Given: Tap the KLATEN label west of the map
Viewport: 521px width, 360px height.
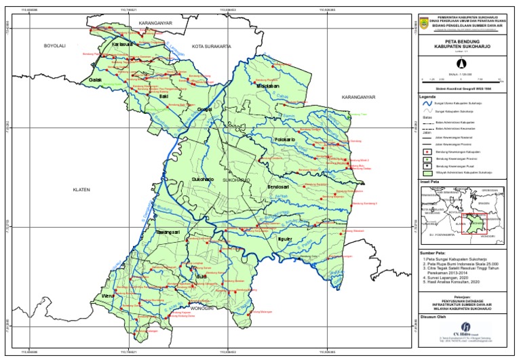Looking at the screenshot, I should pyautogui.click(x=82, y=191).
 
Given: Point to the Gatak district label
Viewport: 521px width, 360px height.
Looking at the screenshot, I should pyautogui.click(x=96, y=79).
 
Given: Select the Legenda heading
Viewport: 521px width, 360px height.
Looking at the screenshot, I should pyautogui.click(x=428, y=97).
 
